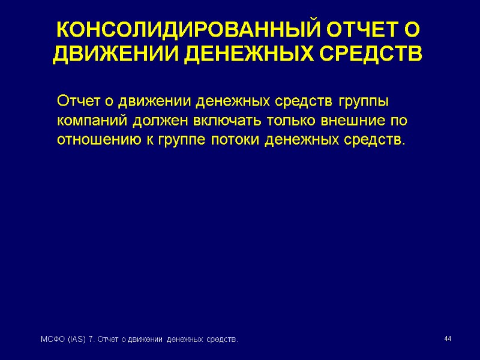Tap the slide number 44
tap(447, 340)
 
